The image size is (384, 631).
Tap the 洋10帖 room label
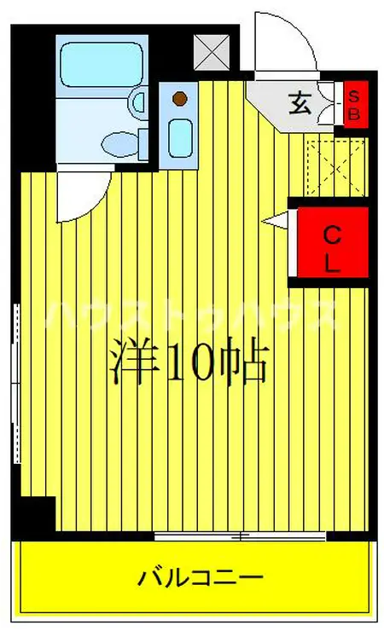(189, 364)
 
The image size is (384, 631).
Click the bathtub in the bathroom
(102, 62)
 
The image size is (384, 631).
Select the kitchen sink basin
(179, 136)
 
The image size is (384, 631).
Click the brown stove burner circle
(179, 99)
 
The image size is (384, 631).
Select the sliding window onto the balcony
(241, 536)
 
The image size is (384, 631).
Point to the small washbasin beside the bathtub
(139, 103)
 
